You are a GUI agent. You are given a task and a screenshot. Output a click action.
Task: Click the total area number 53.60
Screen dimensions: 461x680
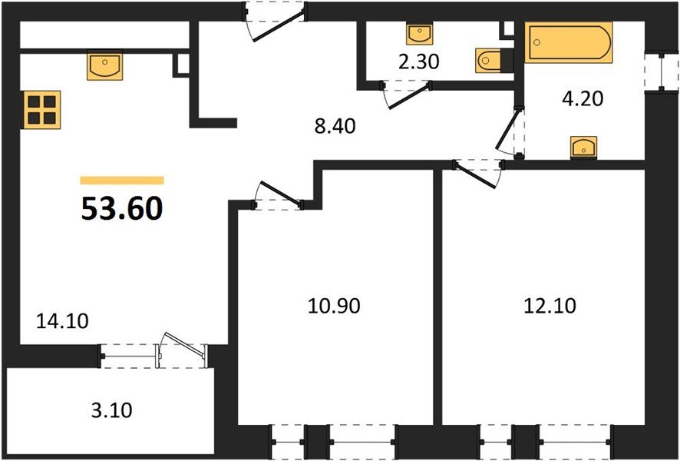coord(122,207)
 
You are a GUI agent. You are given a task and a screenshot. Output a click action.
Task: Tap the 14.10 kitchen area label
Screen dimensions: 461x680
coord(62,320)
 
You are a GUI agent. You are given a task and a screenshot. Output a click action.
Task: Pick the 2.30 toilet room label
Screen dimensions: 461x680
coord(418,61)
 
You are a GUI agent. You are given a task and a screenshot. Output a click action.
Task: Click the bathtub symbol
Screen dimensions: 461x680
coord(569,43)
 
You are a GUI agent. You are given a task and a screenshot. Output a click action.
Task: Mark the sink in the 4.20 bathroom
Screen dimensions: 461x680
coord(584,147)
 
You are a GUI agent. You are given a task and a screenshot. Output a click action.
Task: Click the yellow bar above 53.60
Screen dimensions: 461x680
coord(122,181)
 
